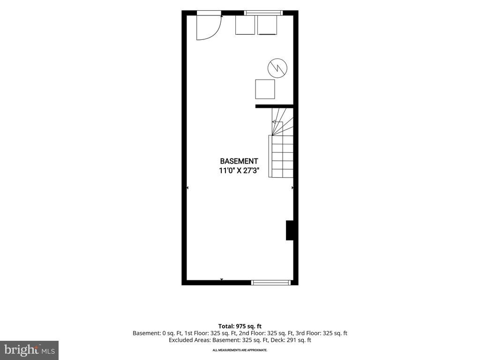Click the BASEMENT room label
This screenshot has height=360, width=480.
pyautogui.click(x=239, y=161)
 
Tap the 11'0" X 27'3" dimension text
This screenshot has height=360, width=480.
pyautogui.click(x=239, y=171)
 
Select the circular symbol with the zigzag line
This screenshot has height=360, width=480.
pyautogui.click(x=277, y=67)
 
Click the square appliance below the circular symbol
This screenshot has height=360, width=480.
pyautogui.click(x=265, y=89)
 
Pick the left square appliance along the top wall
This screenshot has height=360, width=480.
pyautogui.click(x=245, y=25)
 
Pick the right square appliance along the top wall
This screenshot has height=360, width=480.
pyautogui.click(x=267, y=25)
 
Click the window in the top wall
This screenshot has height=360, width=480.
pyautogui.click(x=263, y=13)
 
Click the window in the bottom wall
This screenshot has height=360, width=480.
pyautogui.click(x=271, y=283)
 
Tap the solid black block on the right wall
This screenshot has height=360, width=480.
pyautogui.click(x=290, y=230)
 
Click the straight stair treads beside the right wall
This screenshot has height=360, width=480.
pyautogui.click(x=281, y=156)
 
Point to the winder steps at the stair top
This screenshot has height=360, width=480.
pyautogui.click(x=283, y=121)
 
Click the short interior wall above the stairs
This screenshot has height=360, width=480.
pyautogui.click(x=275, y=106)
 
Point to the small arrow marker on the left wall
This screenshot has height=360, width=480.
pyautogui.click(x=187, y=187)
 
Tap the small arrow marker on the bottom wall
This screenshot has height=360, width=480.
pyautogui.click(x=222, y=279)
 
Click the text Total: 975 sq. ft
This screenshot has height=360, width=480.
pyautogui.click(x=240, y=326)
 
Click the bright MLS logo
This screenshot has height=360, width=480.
pyautogui.click(x=30, y=350)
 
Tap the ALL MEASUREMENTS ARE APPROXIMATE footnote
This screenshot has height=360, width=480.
pyautogui.click(x=240, y=350)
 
